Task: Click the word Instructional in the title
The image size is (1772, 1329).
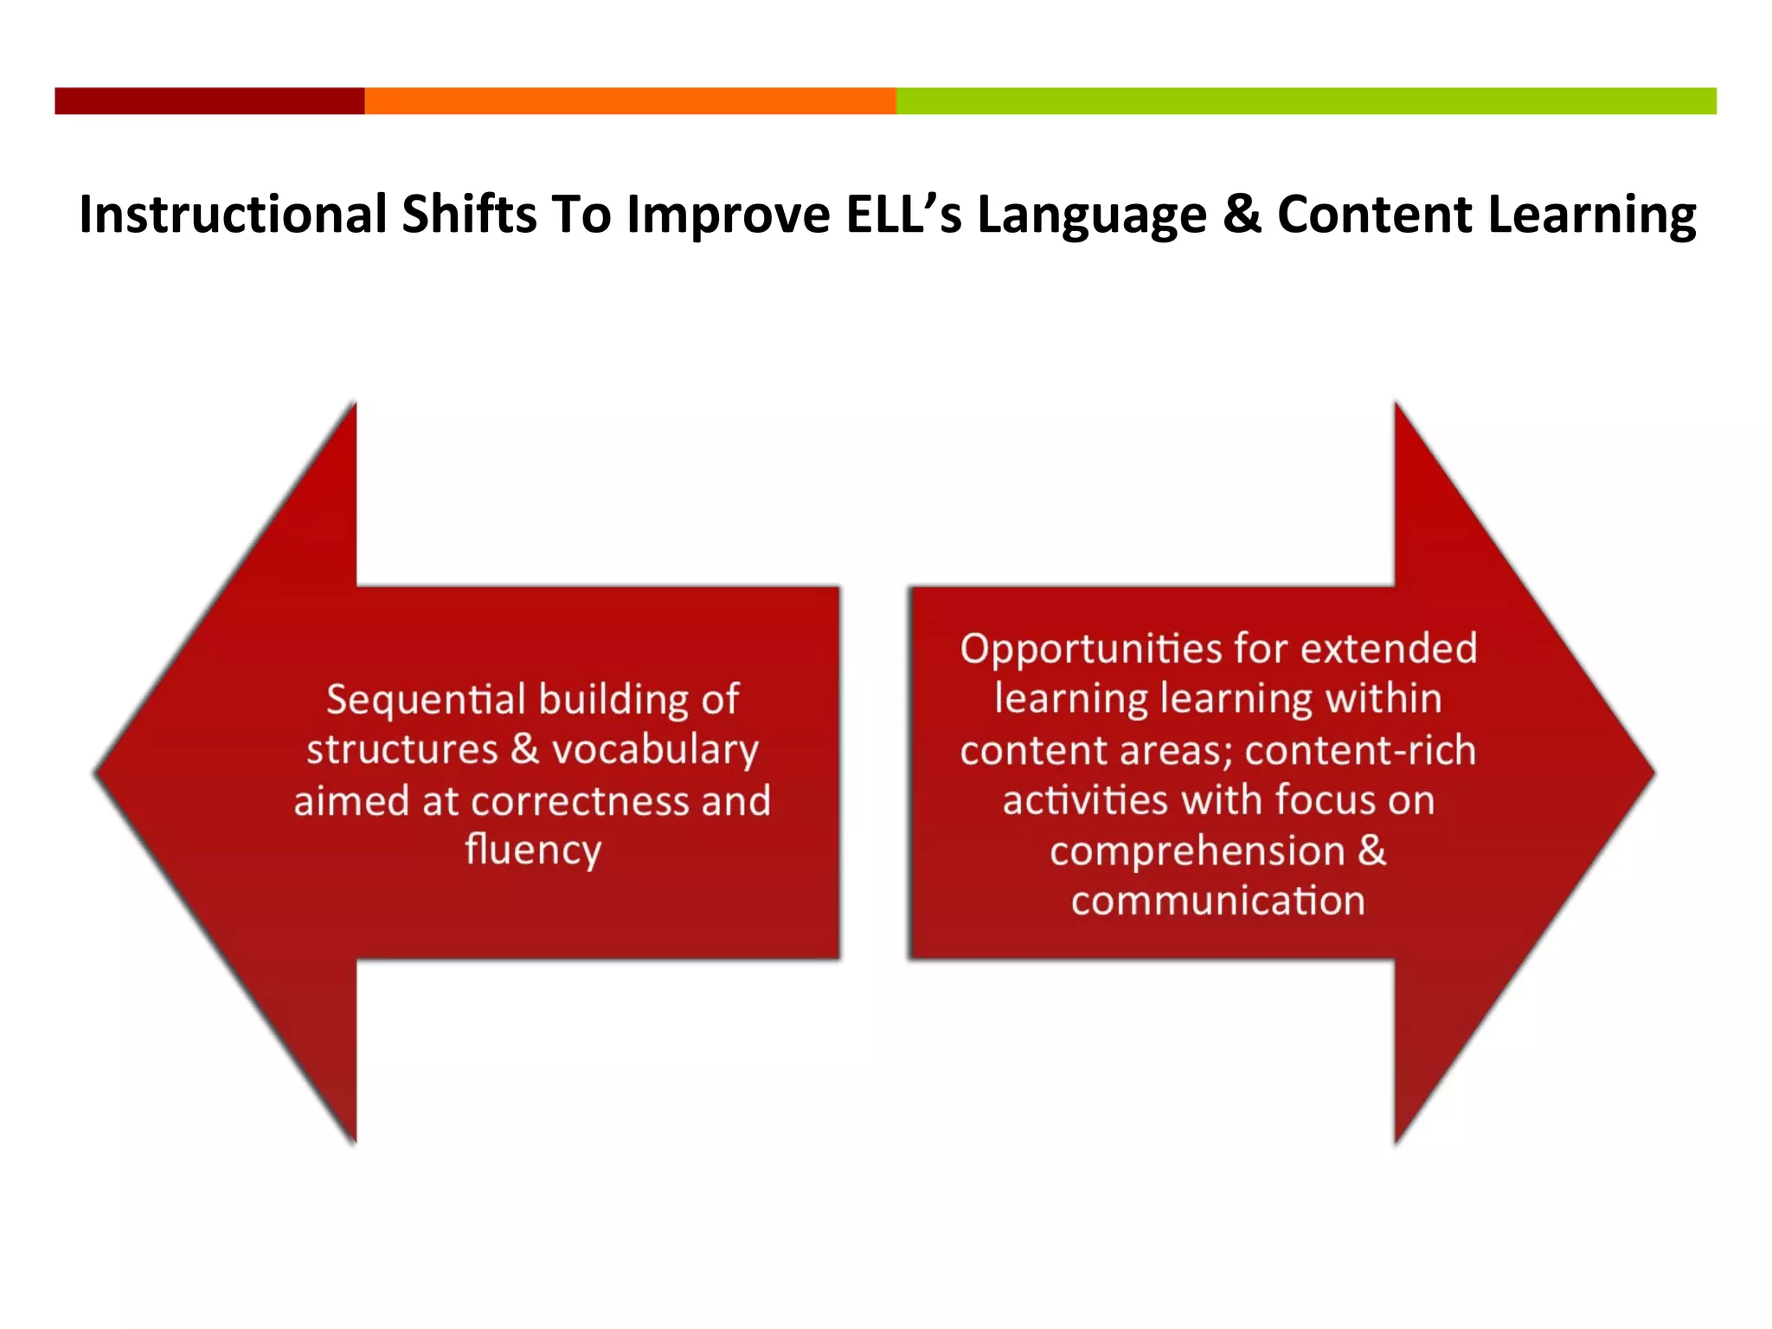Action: click(233, 214)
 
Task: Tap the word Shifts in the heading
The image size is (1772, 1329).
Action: click(469, 214)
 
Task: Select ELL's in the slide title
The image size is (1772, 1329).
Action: click(903, 214)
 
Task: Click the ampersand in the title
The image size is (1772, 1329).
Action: click(1242, 214)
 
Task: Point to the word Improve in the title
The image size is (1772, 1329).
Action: click(729, 214)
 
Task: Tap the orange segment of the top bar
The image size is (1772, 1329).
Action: click(630, 100)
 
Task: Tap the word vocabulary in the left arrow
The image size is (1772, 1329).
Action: click(655, 749)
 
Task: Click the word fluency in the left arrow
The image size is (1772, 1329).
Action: click(532, 850)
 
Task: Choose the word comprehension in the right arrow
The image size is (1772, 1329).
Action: click(1197, 851)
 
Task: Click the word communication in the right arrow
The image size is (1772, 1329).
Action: click(1217, 901)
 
